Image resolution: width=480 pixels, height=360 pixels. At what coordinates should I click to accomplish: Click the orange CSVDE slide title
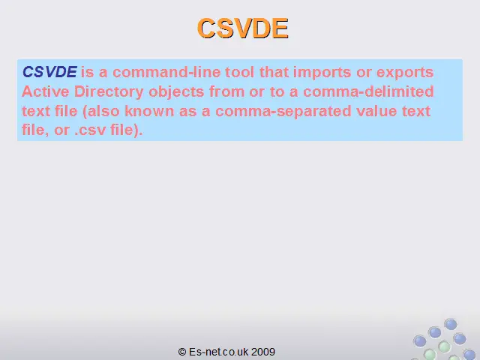coord(243,28)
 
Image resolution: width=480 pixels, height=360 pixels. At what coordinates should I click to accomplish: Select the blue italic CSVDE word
coord(49,72)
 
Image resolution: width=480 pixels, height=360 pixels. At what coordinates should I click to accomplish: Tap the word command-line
coord(166,72)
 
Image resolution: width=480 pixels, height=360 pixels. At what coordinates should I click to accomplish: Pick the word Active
coord(46,91)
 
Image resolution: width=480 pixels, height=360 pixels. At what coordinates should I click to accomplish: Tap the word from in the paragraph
coord(226,91)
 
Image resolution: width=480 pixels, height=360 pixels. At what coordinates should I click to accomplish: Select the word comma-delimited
coord(368,91)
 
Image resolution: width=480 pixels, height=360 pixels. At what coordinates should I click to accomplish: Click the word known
coord(149,111)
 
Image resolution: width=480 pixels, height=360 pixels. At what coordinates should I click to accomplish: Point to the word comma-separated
coord(283,112)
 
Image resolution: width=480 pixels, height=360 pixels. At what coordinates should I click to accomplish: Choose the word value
coord(376,111)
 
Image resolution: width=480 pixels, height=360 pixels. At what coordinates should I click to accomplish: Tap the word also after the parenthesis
coord(103,111)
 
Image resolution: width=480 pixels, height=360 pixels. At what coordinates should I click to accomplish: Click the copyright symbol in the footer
coord(182,352)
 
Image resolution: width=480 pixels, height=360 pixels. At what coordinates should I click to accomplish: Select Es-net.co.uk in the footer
coord(218,352)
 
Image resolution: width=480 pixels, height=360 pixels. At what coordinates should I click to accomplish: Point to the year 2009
coord(263,352)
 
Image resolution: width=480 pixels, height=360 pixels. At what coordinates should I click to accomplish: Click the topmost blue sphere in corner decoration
coord(451,324)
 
